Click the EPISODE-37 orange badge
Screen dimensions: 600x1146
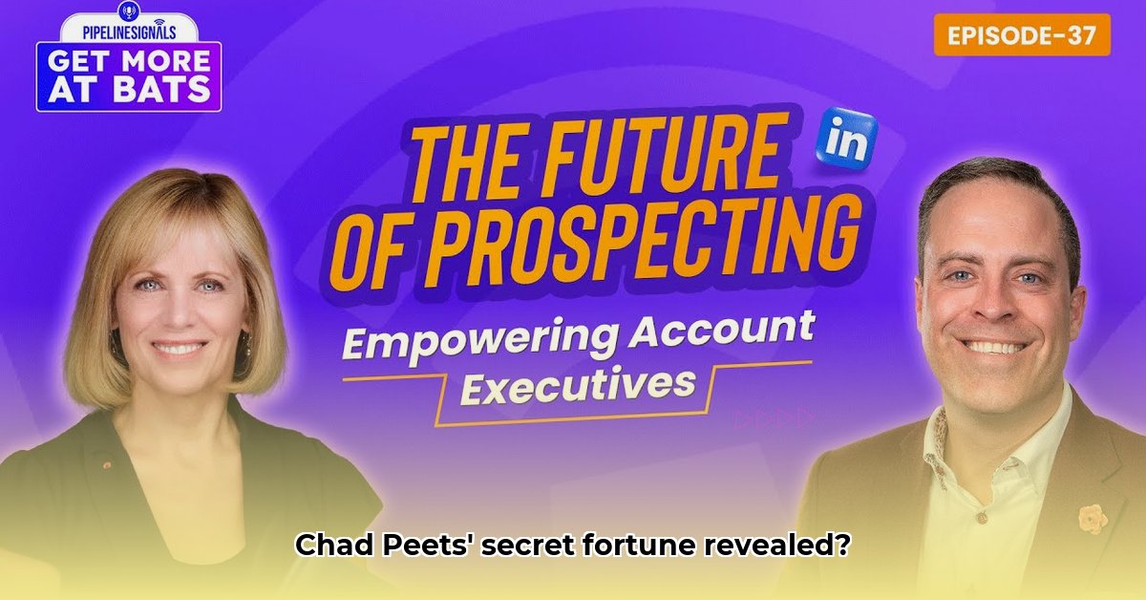1022,35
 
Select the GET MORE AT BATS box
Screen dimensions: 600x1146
129,75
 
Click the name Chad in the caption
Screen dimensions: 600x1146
328,546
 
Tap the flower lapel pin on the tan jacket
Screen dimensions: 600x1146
1092,518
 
